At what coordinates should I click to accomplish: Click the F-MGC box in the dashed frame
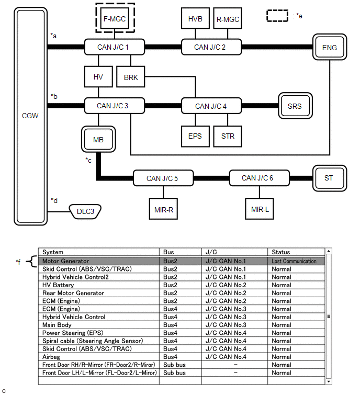(114, 19)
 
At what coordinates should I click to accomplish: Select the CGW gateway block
(31, 115)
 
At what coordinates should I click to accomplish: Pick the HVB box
(195, 19)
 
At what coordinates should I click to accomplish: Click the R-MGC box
(228, 19)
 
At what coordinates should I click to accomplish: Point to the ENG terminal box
(329, 48)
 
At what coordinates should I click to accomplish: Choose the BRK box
(131, 77)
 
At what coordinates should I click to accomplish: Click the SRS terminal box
(295, 106)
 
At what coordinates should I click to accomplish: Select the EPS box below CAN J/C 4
(195, 136)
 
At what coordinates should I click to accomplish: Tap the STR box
(228, 136)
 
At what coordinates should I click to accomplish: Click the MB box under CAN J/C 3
(98, 140)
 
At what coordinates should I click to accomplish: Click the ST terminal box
(328, 178)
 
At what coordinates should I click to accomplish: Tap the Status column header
(280, 252)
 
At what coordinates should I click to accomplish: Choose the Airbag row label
(52, 357)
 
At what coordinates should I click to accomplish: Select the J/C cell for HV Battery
(225, 285)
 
